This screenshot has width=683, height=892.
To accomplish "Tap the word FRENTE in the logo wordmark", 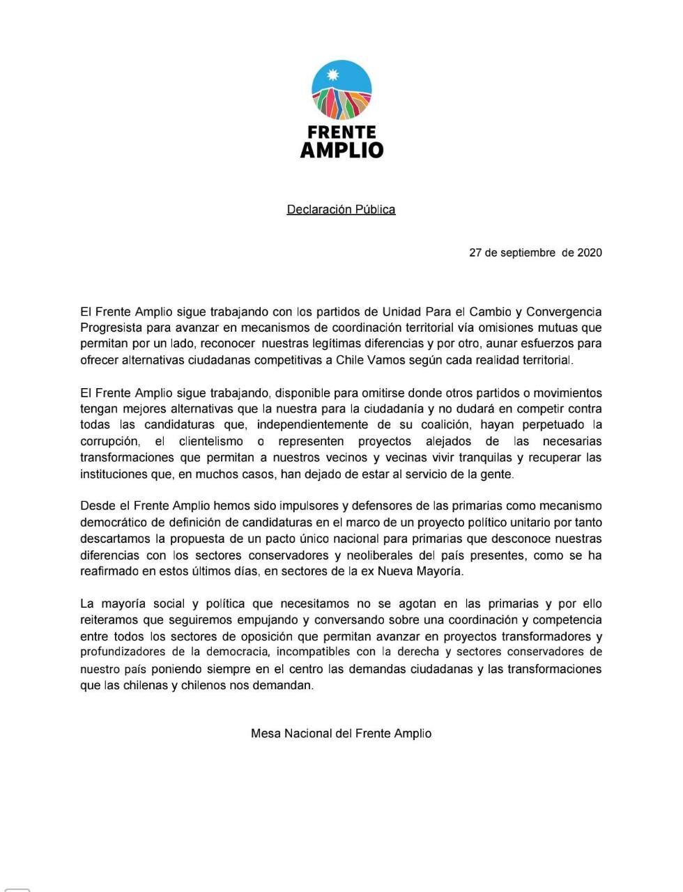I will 341,132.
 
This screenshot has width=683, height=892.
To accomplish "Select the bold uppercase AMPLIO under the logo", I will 341,150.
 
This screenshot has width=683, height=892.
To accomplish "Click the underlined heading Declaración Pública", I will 341,209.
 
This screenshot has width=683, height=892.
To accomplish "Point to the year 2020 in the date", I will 589,252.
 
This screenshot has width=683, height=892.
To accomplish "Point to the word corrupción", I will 110,441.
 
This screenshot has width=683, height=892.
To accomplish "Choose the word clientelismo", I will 200,441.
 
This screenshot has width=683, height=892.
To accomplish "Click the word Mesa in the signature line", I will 266,733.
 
